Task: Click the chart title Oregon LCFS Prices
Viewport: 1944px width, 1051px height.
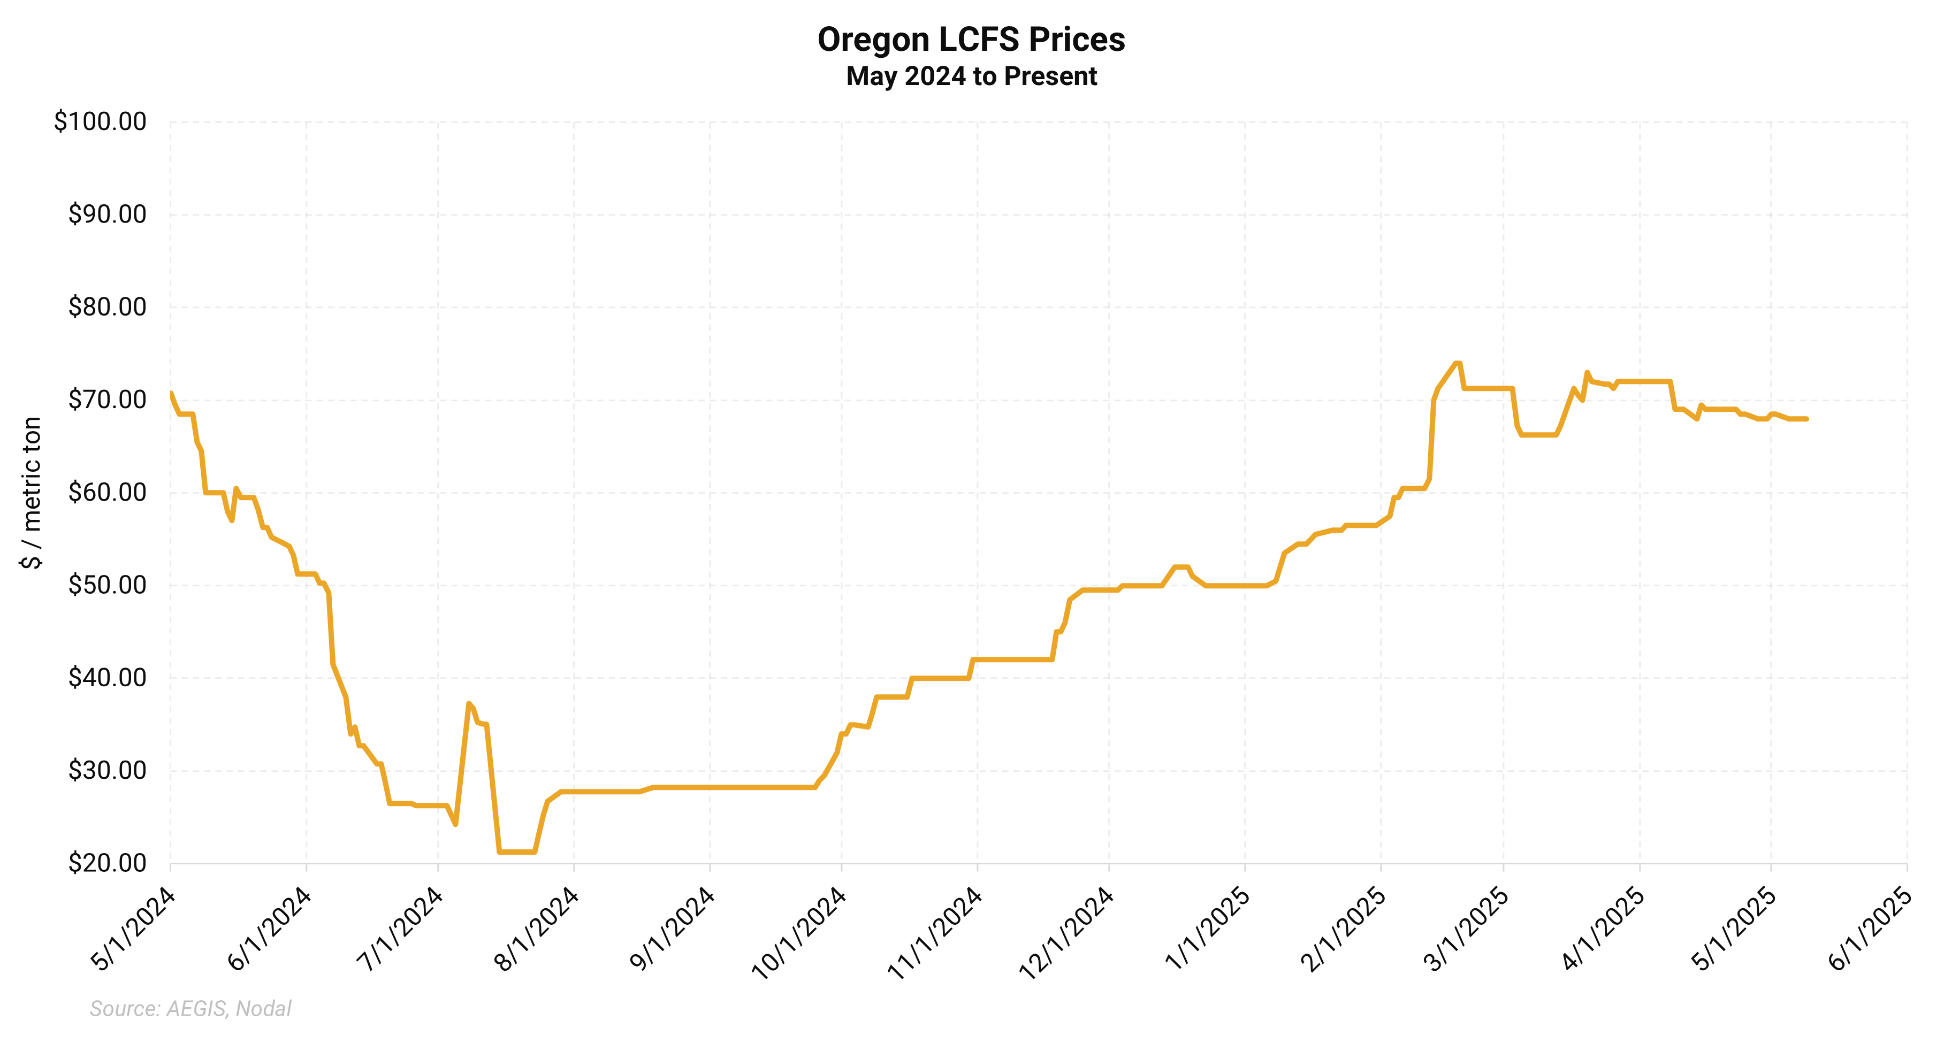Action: coord(971,39)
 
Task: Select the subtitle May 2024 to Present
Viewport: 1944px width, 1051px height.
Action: coord(971,76)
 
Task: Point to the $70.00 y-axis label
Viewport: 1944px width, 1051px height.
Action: coord(107,400)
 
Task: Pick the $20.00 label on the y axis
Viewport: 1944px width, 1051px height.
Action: coord(107,863)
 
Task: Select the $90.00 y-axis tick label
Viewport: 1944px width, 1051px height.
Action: coord(107,214)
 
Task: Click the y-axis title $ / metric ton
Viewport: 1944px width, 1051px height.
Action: coord(32,493)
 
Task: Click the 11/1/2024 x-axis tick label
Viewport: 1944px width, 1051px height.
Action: coord(934,933)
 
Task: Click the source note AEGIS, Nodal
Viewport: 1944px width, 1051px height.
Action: coord(190,1009)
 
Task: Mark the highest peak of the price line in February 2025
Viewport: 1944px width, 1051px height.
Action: coord(1458,363)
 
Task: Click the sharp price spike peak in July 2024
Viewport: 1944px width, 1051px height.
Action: coord(469,703)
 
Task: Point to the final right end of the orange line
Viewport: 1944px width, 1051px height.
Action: coord(1806,419)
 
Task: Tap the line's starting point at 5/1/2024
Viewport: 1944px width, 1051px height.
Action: coord(171,393)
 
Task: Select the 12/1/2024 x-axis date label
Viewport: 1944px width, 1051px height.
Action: coord(1066,933)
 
